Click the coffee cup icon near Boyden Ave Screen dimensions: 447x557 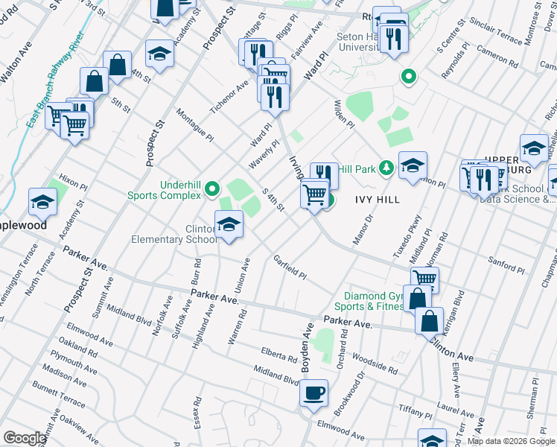(x=313, y=392)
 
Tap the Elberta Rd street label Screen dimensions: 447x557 (x=279, y=352)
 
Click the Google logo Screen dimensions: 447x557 (x=25, y=438)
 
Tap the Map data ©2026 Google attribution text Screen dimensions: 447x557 (x=511, y=441)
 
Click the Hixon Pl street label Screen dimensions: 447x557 (x=73, y=182)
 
